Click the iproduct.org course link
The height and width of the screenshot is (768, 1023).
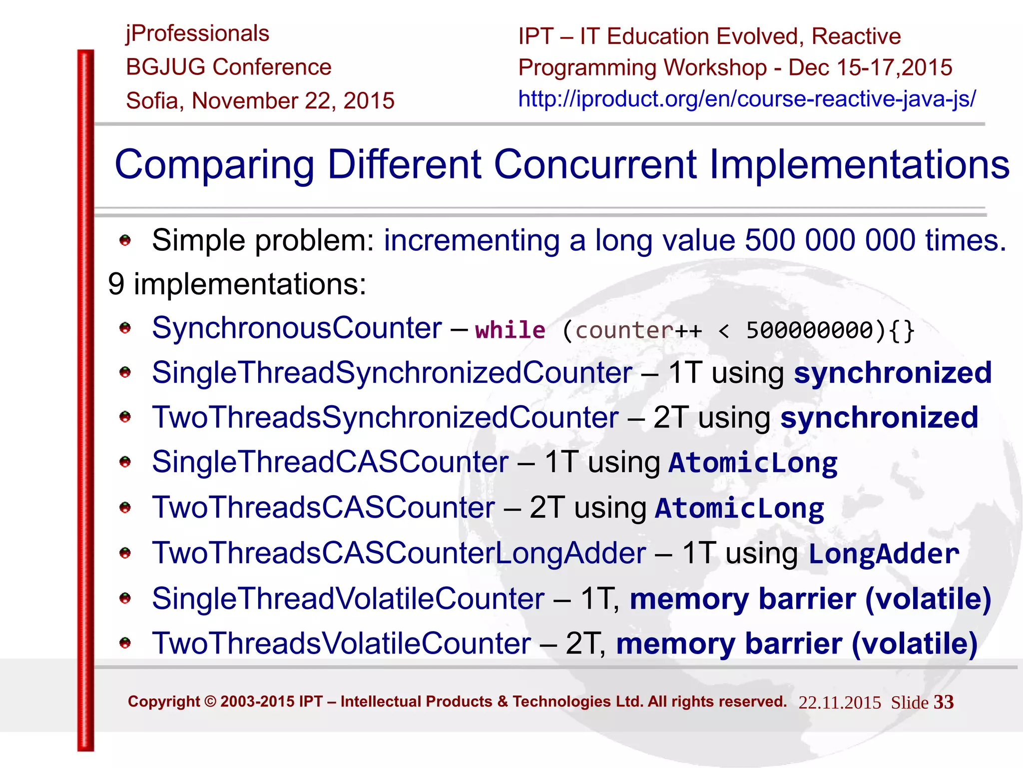[747, 99]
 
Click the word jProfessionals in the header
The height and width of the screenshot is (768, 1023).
[197, 34]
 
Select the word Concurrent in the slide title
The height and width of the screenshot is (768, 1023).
[595, 164]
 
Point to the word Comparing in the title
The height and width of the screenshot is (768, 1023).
[214, 165]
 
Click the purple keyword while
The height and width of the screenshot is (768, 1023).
[510, 330]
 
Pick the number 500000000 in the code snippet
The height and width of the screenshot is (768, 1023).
[809, 330]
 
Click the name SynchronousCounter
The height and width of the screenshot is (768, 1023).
[297, 328]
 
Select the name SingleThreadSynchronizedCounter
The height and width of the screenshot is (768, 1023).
[392, 373]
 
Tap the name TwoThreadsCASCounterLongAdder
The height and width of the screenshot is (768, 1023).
[399, 553]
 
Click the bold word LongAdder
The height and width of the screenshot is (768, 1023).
[884, 554]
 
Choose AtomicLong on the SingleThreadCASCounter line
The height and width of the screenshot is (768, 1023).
[753, 463]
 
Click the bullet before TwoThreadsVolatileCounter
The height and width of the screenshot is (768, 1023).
[125, 643]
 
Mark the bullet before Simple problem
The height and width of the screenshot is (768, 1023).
[125, 241]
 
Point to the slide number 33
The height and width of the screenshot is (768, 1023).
[944, 702]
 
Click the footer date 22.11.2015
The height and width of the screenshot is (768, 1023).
[840, 703]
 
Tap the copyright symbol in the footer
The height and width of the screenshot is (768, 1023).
[210, 702]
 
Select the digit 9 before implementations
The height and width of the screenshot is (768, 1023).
[116, 284]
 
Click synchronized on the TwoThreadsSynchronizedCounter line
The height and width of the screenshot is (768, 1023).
[879, 418]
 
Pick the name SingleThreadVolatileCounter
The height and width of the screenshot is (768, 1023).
[348, 599]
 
